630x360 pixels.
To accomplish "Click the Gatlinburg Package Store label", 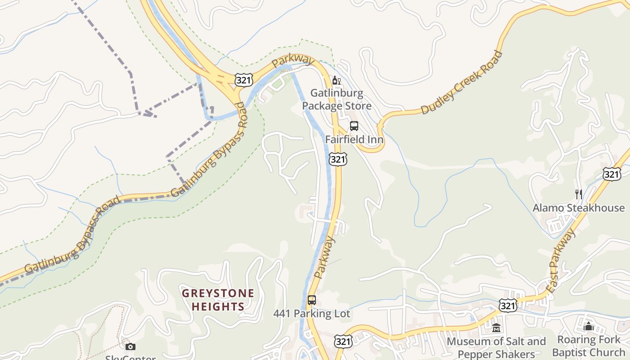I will (337, 100).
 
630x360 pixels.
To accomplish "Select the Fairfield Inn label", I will (354, 139).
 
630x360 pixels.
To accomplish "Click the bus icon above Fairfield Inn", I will (354, 126).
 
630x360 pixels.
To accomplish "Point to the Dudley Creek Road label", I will (461, 83).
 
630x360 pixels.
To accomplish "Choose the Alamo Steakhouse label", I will (579, 208).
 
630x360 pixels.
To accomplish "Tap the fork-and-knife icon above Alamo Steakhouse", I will (579, 194).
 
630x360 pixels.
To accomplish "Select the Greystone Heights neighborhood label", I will (218, 300).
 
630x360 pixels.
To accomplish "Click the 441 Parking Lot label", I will (311, 314).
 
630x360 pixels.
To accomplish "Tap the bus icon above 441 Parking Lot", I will (311, 300).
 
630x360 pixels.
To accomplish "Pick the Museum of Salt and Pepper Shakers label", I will (496, 347).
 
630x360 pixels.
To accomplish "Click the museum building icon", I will (496, 328).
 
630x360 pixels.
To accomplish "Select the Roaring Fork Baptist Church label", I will (589, 346).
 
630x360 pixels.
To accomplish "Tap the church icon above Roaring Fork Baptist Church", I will (589, 327).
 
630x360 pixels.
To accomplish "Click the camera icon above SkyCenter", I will (130, 346).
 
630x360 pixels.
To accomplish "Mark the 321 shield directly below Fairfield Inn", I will (337, 159).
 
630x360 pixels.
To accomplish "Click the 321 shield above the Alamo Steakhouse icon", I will (612, 174).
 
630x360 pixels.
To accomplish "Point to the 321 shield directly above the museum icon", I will (508, 306).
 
